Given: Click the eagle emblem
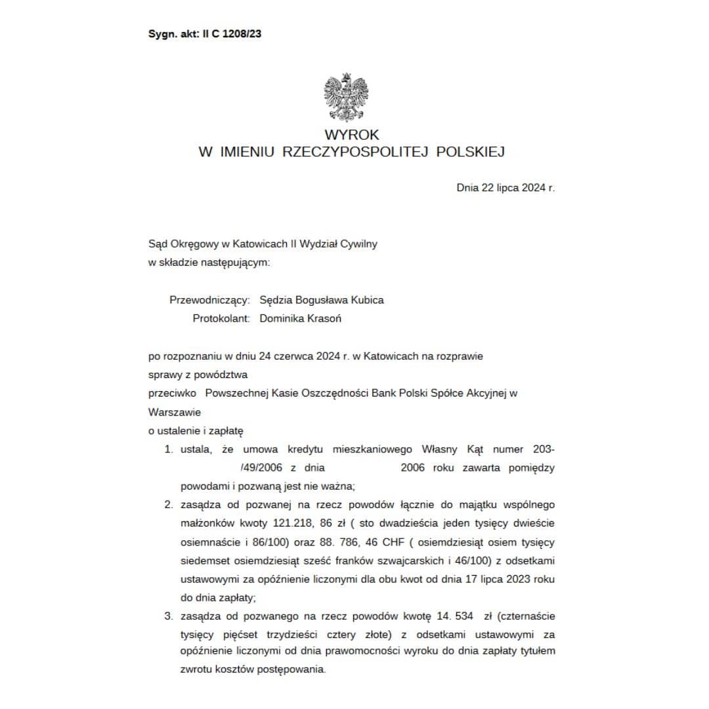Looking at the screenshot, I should (346, 98).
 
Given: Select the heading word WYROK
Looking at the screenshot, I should (352, 135).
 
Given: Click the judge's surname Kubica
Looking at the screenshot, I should (367, 300).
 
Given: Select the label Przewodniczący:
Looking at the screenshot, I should (209, 300).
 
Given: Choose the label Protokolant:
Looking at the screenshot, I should (221, 318).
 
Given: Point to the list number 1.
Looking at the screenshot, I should (168, 450).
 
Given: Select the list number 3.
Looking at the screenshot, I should (168, 616).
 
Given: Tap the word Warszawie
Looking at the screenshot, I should (175, 413).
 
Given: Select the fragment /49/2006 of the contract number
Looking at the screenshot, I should (261, 468).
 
